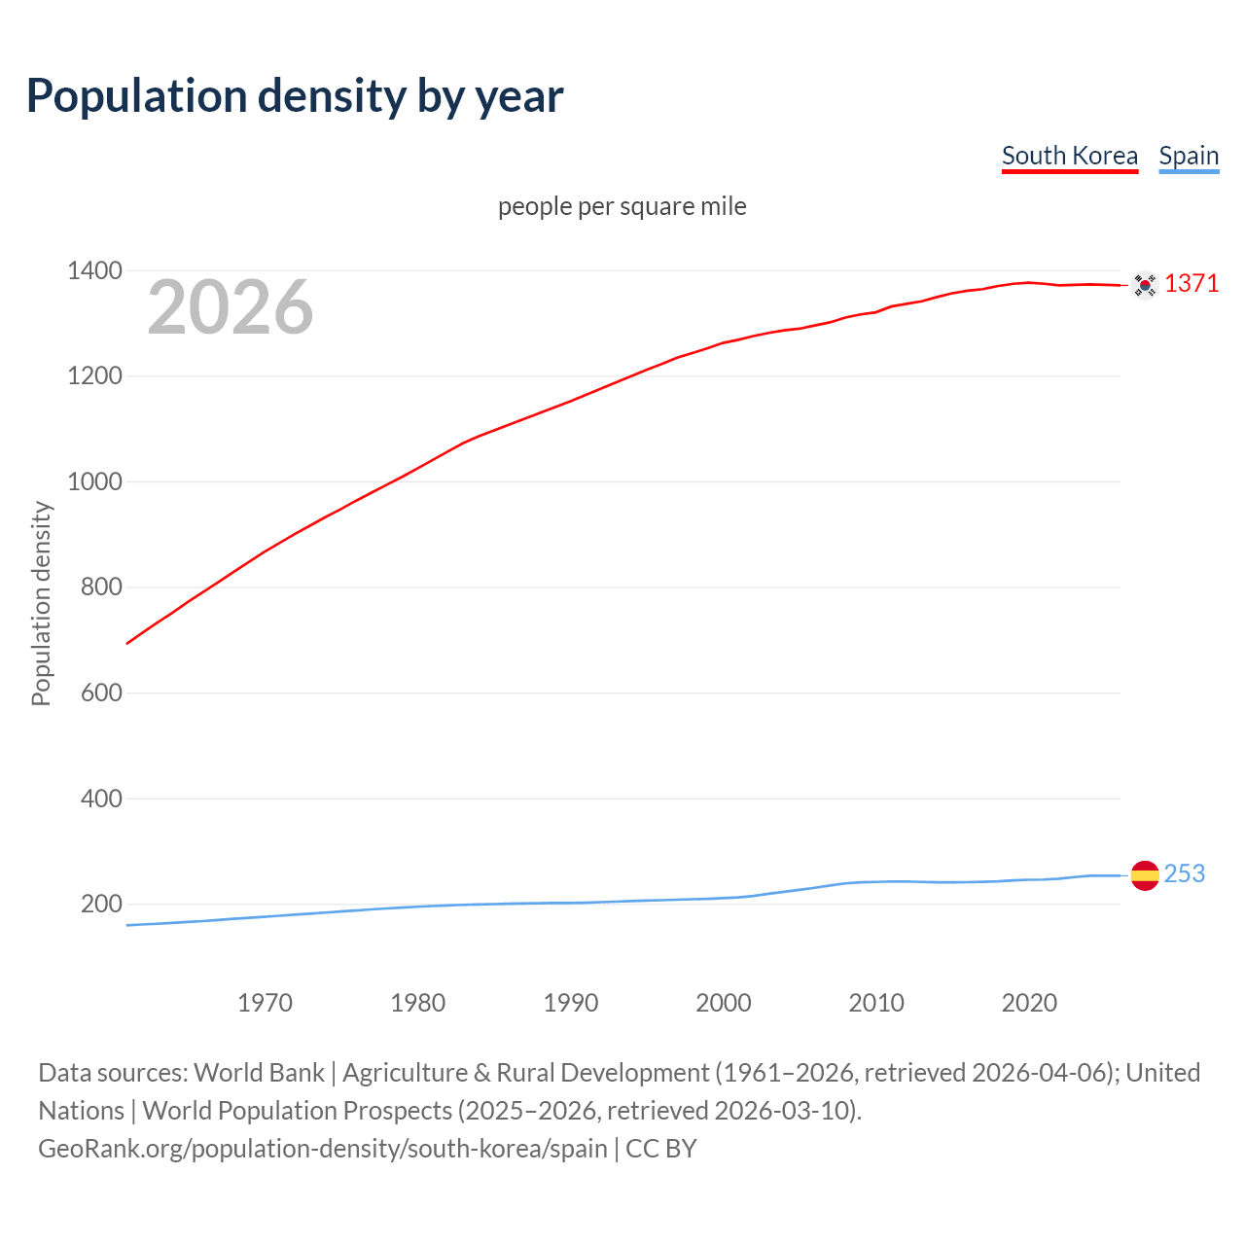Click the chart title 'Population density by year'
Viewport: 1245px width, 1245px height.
click(295, 95)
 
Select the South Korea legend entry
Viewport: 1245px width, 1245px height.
click(1069, 156)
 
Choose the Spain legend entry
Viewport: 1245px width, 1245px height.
click(1189, 156)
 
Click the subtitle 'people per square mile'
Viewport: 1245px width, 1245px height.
click(622, 206)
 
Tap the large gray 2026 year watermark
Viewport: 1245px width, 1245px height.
click(231, 307)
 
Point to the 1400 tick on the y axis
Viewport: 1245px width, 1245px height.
click(94, 270)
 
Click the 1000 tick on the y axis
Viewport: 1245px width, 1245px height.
click(94, 481)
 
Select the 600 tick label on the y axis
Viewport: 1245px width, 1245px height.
click(101, 693)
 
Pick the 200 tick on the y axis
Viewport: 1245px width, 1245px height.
click(101, 904)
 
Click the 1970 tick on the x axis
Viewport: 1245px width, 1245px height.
click(265, 1003)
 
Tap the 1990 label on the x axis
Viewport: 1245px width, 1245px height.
click(571, 1003)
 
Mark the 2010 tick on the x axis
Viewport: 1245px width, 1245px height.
click(876, 1003)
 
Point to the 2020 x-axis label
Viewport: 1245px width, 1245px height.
click(1029, 1003)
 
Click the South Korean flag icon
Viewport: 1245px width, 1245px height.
click(1145, 285)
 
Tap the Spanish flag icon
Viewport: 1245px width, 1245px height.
click(1145, 875)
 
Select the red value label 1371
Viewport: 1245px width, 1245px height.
click(1192, 283)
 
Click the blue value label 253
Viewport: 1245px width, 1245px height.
click(1184, 873)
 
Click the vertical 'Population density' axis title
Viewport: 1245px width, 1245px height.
click(41, 603)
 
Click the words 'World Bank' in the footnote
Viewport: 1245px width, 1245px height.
click(259, 1073)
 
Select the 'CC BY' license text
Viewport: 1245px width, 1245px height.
click(661, 1149)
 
